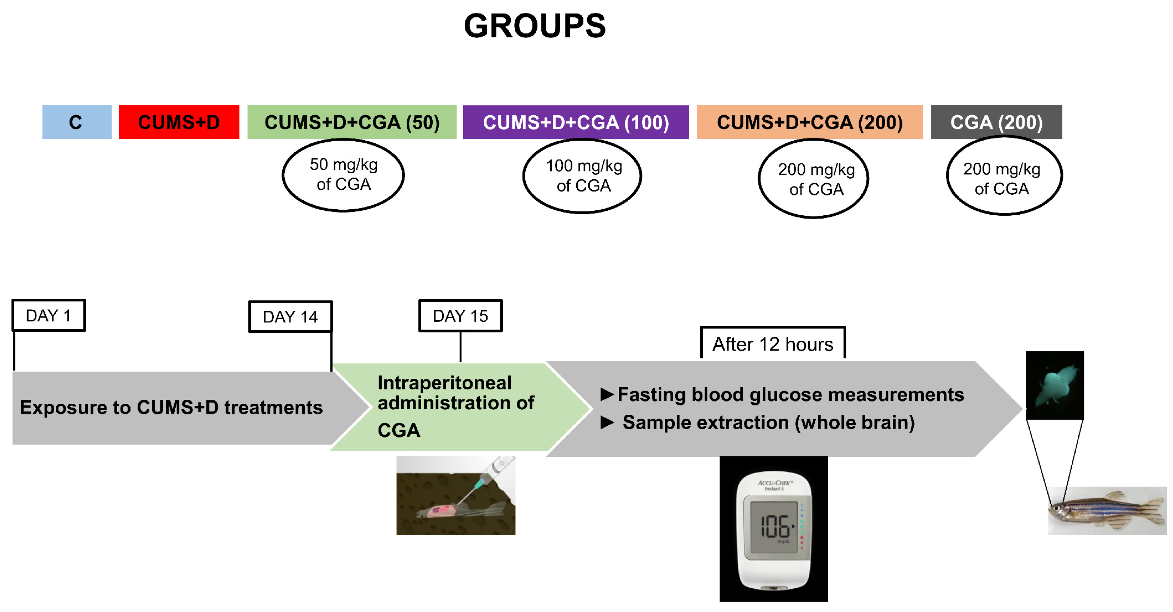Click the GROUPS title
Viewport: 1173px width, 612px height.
tap(534, 26)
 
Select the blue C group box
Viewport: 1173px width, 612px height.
tap(76, 122)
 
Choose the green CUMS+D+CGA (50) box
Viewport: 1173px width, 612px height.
tap(352, 122)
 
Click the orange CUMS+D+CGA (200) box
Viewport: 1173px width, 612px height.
tap(809, 122)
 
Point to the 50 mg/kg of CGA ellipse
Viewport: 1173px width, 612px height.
tap(343, 175)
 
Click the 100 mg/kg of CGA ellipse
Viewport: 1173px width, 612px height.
tap(583, 176)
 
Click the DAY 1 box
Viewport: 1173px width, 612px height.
tap(49, 315)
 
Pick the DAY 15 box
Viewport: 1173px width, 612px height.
tap(460, 316)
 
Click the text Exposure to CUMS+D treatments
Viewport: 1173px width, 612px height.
tap(171, 407)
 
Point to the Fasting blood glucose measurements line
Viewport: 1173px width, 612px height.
tap(790, 395)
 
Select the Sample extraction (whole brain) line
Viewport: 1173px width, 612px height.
tap(768, 422)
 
